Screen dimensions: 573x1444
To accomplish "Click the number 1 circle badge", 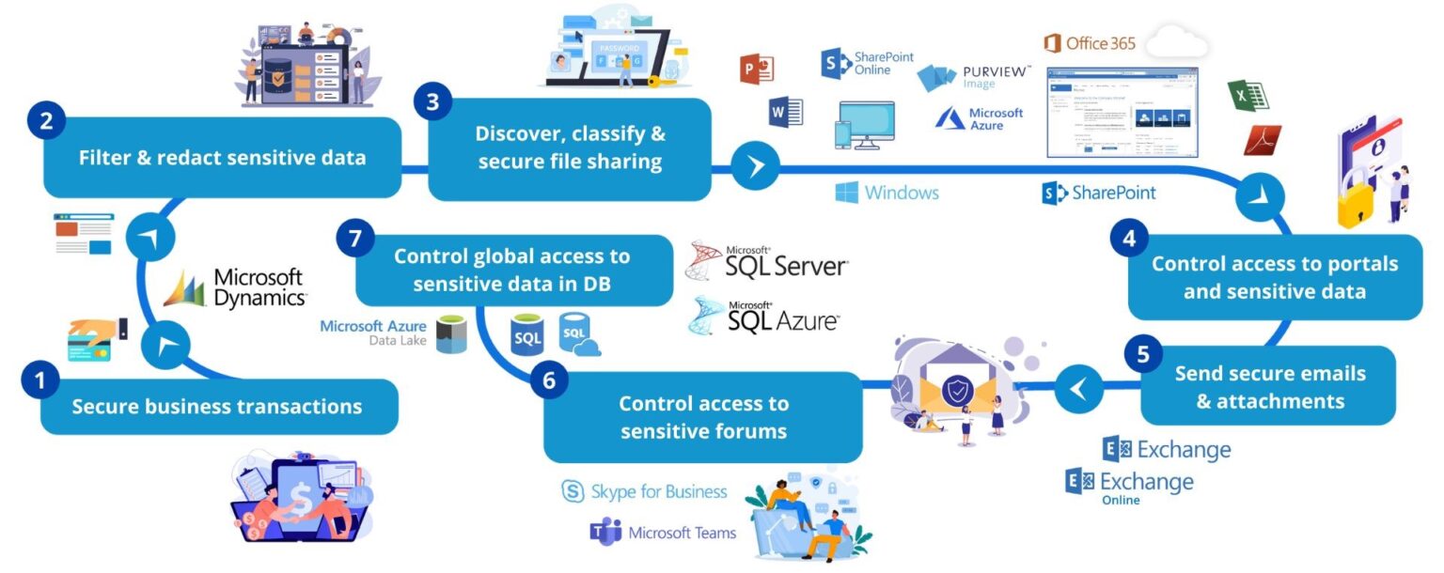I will pos(39,380).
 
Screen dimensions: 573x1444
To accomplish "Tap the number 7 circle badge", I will pos(354,240).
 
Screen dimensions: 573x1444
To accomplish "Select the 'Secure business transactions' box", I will pos(218,407).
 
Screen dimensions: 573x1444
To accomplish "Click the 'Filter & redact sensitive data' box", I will pos(223,157).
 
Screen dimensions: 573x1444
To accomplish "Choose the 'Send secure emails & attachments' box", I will pos(1269,387).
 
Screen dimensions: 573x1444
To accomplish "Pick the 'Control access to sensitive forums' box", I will pos(703,417).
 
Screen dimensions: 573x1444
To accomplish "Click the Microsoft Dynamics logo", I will pos(236,287).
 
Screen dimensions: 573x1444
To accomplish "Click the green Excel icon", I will pos(1248,95).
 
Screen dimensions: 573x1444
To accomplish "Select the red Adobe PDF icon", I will pos(1262,141).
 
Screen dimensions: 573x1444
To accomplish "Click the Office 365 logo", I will pos(1091,43).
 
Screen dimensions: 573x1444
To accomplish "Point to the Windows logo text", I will pos(887,193).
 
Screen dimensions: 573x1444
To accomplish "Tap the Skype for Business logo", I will pos(645,492).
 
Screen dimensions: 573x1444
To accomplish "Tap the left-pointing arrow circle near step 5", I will pos(1078,386).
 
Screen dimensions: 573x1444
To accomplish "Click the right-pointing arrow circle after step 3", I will pos(756,167).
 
